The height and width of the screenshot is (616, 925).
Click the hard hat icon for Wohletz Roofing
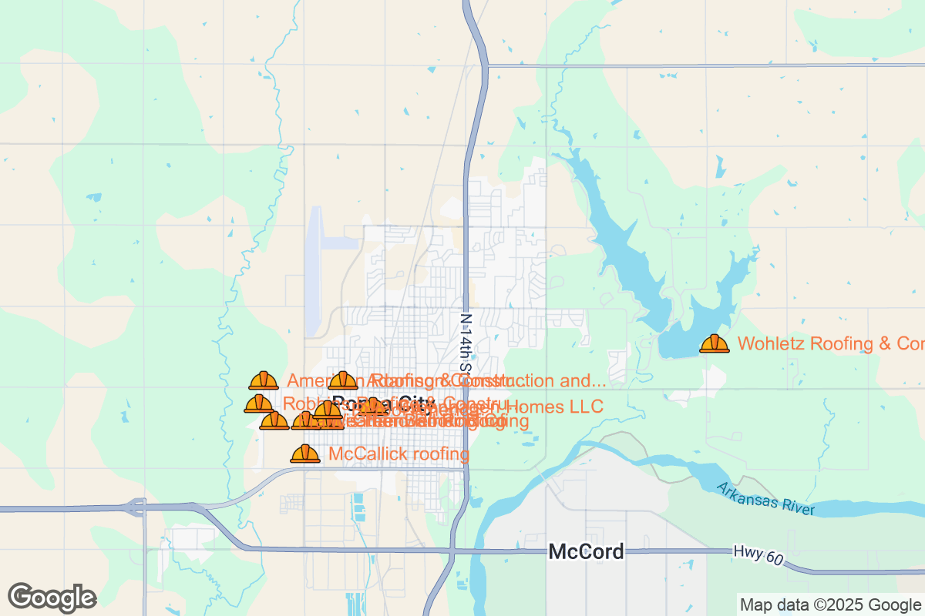tap(715, 343)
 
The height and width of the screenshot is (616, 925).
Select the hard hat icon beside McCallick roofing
tap(305, 454)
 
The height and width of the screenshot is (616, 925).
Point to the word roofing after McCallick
tap(441, 454)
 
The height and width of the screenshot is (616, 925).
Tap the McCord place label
tap(586, 551)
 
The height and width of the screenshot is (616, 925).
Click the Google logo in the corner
tap(52, 597)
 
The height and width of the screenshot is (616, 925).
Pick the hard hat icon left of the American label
tap(264, 380)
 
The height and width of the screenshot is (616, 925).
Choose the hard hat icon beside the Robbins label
tap(258, 403)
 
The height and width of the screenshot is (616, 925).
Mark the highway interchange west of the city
tap(137, 507)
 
